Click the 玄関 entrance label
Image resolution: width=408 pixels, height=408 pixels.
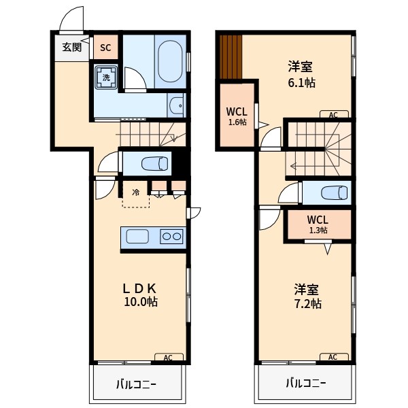click(x=72, y=47)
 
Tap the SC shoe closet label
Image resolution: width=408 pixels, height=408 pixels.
click(x=105, y=48)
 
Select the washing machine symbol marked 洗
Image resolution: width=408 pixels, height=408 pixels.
click(x=106, y=78)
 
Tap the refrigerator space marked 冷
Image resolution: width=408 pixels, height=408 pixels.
click(x=135, y=192)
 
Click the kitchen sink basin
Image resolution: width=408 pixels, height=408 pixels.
click(x=137, y=237)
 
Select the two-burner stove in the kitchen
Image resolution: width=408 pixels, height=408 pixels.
click(x=171, y=237)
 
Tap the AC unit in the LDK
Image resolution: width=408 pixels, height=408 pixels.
click(x=168, y=357)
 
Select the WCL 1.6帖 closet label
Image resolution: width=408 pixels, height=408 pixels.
click(x=237, y=115)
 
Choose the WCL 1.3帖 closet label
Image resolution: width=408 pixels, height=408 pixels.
click(x=318, y=224)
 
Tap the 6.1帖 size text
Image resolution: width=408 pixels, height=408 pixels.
click(x=299, y=82)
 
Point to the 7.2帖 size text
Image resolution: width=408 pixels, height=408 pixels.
click(x=307, y=303)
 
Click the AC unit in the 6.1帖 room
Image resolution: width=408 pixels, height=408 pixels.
click(x=333, y=115)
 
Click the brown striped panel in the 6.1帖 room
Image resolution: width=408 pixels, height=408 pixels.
click(x=231, y=56)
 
